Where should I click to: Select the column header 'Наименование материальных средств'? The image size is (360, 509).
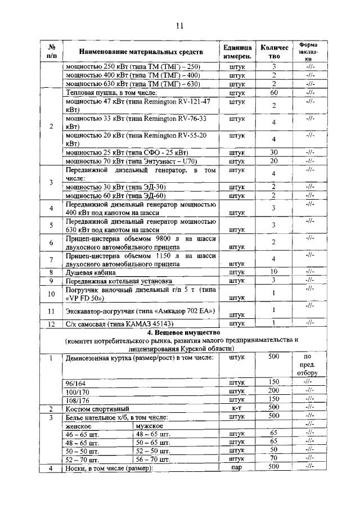pos(141,52)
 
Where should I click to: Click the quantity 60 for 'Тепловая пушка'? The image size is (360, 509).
pos(274,93)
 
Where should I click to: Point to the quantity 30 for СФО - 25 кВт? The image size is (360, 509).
pos(274,152)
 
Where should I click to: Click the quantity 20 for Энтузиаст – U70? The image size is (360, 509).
pos(274,161)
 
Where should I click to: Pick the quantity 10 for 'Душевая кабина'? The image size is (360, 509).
pos(274,272)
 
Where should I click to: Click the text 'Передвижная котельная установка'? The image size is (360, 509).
pos(119,280)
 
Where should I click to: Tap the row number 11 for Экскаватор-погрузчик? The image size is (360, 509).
pos(51,310)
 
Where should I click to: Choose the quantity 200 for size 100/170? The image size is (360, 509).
pos(274,390)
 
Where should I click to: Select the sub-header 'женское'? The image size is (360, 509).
pos(79,426)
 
